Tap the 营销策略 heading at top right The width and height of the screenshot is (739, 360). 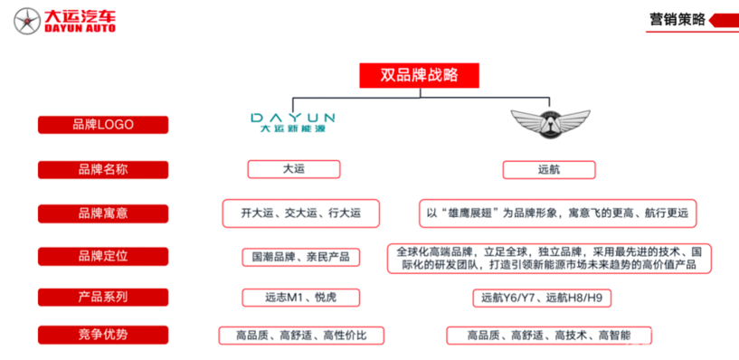[677, 19]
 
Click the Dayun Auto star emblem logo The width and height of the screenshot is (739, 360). [19, 21]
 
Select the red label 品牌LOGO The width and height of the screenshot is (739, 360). [102, 125]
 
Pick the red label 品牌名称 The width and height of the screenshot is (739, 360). [102, 169]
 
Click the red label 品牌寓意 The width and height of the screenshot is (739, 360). [102, 213]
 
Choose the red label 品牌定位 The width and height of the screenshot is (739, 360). [102, 256]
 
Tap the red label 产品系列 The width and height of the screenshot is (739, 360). [102, 297]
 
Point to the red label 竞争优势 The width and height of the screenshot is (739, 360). [102, 335]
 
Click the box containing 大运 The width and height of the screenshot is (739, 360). [293, 169]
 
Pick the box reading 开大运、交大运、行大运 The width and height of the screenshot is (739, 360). [300, 213]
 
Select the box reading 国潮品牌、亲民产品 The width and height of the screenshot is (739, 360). [300, 257]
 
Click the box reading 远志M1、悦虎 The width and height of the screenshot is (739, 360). [300, 297]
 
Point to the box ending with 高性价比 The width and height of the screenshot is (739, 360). [300, 336]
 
